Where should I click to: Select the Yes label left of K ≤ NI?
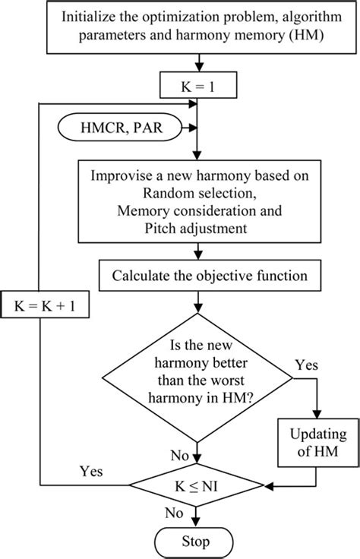click(x=91, y=471)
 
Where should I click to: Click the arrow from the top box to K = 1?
click(x=198, y=63)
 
